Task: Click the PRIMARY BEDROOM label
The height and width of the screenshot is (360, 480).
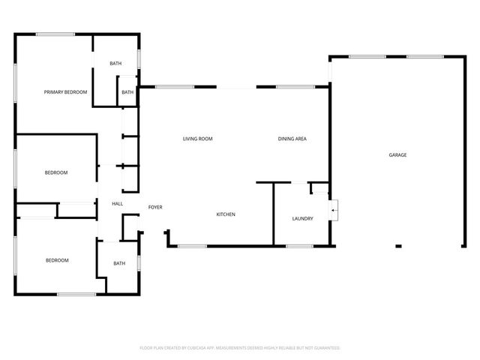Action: pyautogui.click(x=65, y=92)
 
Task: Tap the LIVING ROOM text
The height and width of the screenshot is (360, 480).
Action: pyautogui.click(x=198, y=139)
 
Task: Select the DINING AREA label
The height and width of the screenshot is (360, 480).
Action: pyautogui.click(x=292, y=139)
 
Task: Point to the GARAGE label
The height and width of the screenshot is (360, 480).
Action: pyautogui.click(x=397, y=155)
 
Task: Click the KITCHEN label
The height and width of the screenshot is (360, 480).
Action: pyautogui.click(x=226, y=214)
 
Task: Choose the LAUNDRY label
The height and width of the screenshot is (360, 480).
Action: pyautogui.click(x=302, y=219)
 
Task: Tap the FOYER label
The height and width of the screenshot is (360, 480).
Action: pyautogui.click(x=155, y=207)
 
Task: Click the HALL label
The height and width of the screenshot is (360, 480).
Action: pyautogui.click(x=118, y=204)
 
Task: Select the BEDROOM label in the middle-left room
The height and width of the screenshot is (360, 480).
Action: pyautogui.click(x=56, y=172)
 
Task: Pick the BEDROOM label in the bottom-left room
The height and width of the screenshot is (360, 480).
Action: pyautogui.click(x=57, y=260)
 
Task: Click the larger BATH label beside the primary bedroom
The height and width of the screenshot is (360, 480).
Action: pyautogui.click(x=115, y=64)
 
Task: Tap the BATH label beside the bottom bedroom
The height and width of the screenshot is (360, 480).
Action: pyautogui.click(x=119, y=263)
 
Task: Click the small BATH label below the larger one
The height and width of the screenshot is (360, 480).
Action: pyautogui.click(x=127, y=92)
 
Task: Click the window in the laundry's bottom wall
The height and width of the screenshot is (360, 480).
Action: pyautogui.click(x=300, y=246)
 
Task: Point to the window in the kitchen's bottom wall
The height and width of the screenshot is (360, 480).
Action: pyautogui.click(x=192, y=246)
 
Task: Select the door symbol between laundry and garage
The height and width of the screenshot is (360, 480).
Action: pyautogui.click(x=334, y=210)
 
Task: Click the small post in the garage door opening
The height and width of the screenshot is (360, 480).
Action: pyautogui.click(x=399, y=245)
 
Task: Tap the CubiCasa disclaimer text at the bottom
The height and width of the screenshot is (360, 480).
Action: pyautogui.click(x=240, y=348)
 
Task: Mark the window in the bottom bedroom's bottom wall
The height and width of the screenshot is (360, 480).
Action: pyautogui.click(x=76, y=294)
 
